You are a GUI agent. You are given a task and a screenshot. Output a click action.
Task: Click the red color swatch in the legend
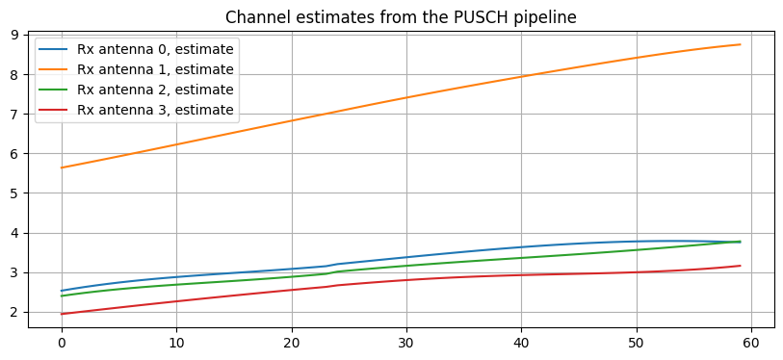53,110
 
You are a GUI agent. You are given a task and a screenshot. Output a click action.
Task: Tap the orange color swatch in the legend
53,69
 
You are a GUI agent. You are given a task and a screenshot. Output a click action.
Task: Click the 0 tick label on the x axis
62,342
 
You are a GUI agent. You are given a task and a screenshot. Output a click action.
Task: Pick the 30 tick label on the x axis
406,342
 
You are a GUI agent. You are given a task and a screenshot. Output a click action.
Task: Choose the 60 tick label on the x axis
751,342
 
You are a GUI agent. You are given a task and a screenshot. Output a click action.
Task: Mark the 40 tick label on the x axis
521,342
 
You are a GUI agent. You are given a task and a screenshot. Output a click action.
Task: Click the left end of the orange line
62,167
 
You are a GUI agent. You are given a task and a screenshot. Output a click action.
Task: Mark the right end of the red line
740,266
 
